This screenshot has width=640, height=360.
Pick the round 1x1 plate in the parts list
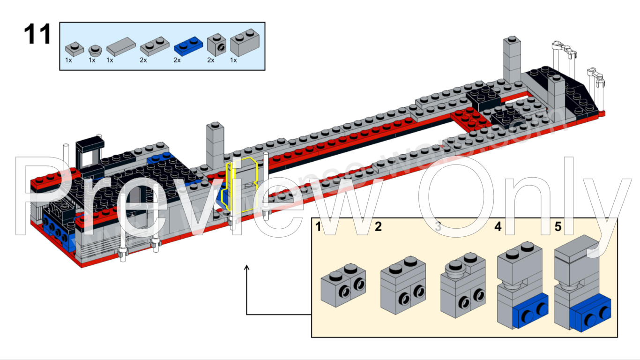pos(95,49)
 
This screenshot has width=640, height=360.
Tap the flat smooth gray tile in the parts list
pos(120,46)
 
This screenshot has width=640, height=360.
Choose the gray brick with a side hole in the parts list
pos(217,45)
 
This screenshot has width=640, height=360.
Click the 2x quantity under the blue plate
pos(177,60)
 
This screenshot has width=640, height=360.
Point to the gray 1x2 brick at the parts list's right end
pos(245,44)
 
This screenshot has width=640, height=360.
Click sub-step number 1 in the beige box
pos(319,227)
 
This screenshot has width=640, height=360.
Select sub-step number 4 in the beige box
pos(498,227)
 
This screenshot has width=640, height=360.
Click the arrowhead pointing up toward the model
pos(247,268)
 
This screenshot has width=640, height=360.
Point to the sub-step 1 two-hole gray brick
pos(343,285)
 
